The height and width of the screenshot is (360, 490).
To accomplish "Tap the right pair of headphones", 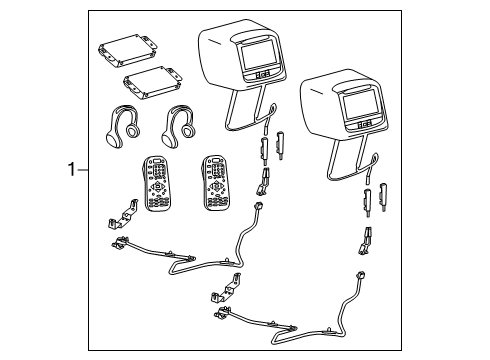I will click(179, 127).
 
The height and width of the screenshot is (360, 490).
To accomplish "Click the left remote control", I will click(156, 183).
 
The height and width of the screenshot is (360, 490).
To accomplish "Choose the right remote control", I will click(216, 183).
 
